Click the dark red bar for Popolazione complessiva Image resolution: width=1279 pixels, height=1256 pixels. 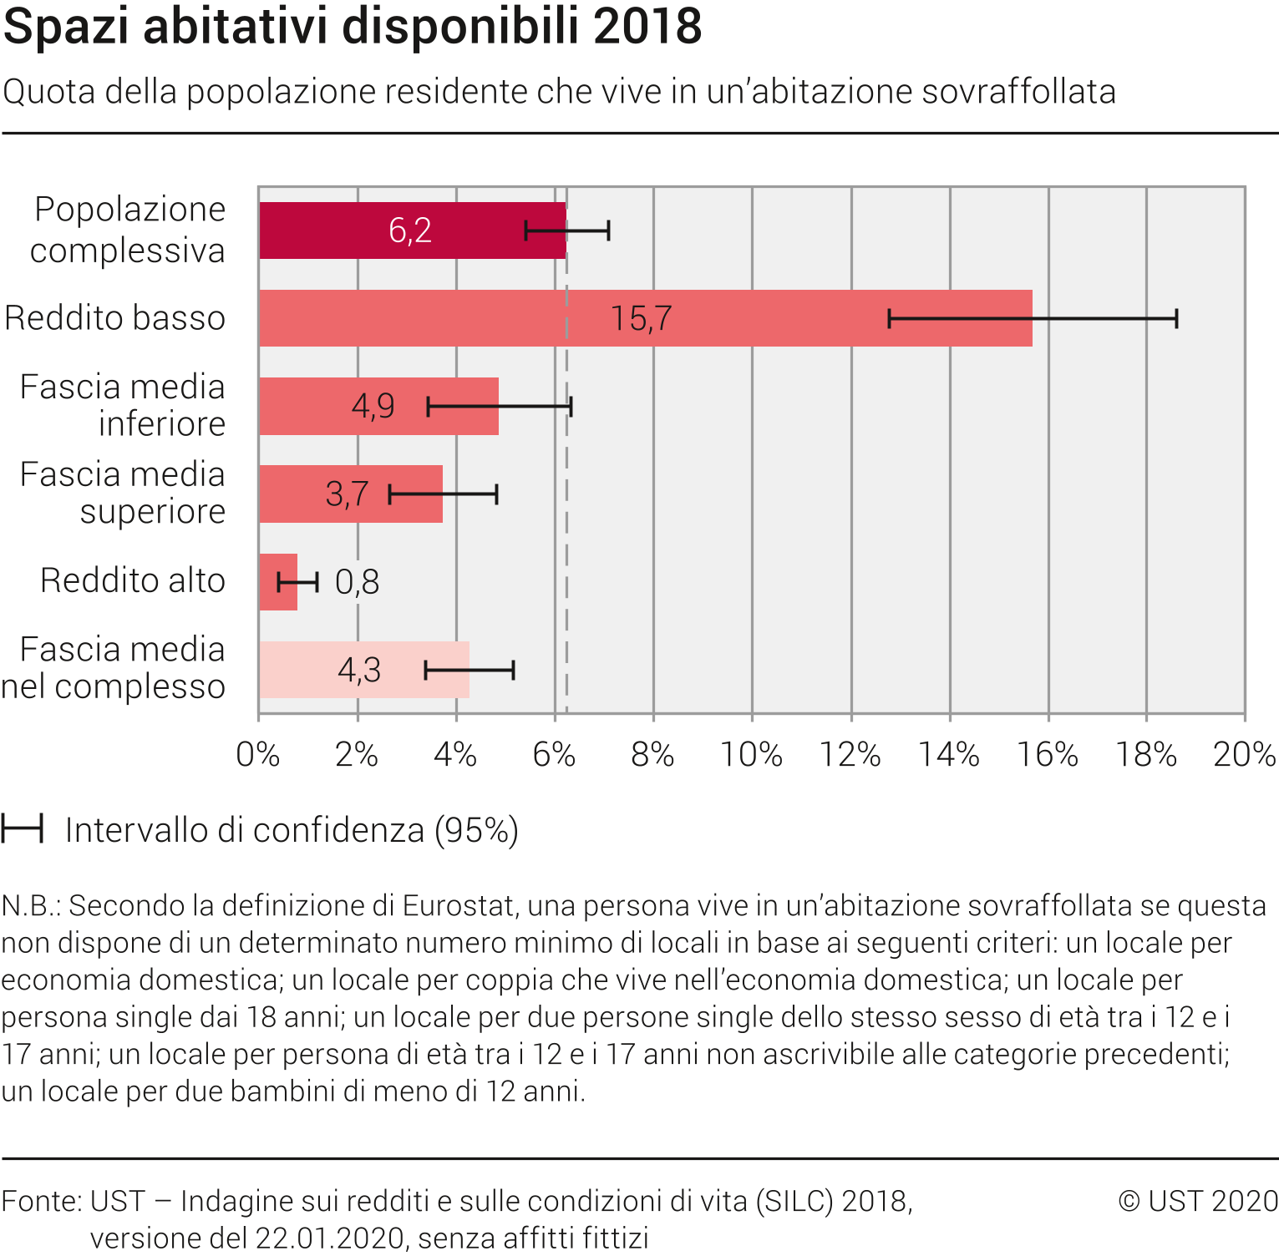[x=334, y=230]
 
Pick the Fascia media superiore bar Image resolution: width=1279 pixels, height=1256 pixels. [x=292, y=494]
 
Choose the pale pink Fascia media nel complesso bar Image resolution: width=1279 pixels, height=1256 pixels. [x=301, y=670]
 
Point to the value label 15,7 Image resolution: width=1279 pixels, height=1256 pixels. [x=641, y=318]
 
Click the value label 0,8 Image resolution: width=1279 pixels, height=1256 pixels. [x=358, y=582]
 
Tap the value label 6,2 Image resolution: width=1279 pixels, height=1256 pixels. [x=410, y=230]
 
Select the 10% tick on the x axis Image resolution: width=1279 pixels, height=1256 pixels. [x=751, y=755]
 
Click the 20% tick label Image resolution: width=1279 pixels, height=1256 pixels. [x=1244, y=755]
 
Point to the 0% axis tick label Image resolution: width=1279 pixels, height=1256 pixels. [x=258, y=755]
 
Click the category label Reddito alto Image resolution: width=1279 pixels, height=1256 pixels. [x=133, y=580]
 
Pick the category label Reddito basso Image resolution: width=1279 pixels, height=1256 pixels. [x=115, y=318]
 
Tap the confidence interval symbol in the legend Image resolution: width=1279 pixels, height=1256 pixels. [x=22, y=830]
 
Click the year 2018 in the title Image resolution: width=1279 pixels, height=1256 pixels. [x=647, y=27]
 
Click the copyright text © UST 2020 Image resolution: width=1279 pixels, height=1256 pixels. [x=1198, y=1201]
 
